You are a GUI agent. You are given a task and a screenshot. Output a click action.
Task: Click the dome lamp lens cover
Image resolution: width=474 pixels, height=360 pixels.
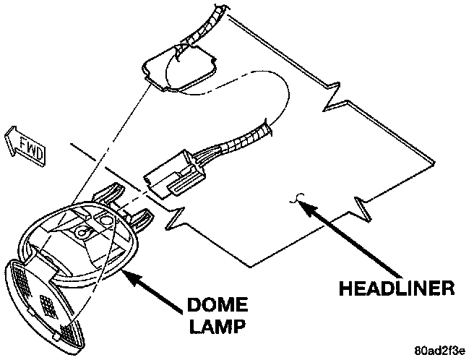click(x=43, y=296)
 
